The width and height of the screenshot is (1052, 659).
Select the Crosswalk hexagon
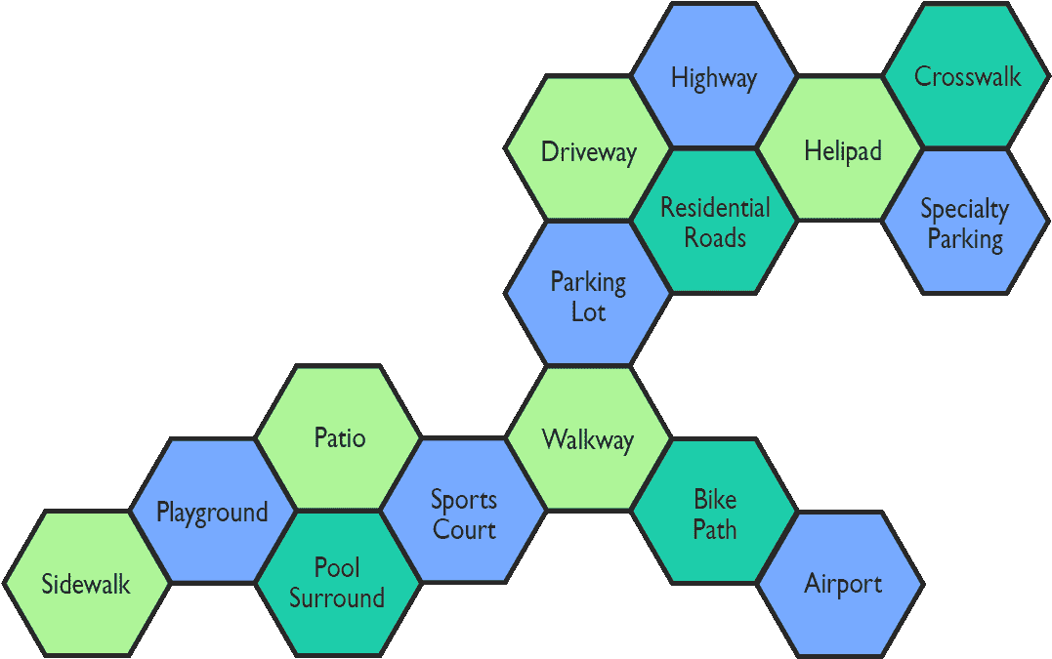click(966, 76)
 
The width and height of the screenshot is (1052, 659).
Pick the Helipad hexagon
click(841, 149)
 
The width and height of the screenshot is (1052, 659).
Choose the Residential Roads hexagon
click(714, 223)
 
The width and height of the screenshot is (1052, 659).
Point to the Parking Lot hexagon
click(588, 296)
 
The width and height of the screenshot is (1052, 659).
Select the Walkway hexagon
click(588, 438)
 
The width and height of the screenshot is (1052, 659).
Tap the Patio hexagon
click(339, 437)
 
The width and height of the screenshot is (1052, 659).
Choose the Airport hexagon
click(841, 584)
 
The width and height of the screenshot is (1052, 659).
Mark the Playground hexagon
click(212, 511)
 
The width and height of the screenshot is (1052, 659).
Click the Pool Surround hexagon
click(337, 583)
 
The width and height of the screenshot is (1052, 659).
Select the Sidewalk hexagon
click(86, 584)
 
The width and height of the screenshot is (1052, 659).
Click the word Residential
click(714, 207)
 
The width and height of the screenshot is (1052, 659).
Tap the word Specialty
click(964, 208)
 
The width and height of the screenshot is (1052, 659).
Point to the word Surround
click(337, 597)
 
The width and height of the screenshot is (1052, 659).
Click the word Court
click(465, 529)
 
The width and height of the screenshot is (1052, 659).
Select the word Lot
click(588, 312)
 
